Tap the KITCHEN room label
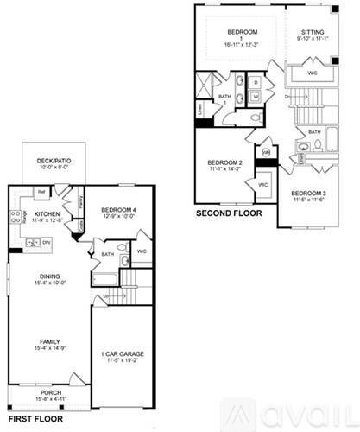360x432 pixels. [x=47, y=212]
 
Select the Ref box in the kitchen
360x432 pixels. [x=41, y=192]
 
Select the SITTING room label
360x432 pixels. [x=312, y=35]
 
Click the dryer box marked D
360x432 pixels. [x=256, y=82]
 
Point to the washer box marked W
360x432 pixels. [x=256, y=96]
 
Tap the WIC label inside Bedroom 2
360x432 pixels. [x=262, y=184]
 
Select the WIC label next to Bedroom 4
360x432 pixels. [x=143, y=252]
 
